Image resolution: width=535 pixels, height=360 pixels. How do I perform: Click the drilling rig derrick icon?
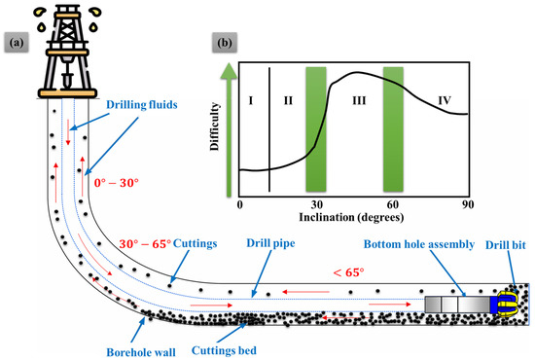[67, 54]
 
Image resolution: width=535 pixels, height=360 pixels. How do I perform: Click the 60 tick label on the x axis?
[393, 204]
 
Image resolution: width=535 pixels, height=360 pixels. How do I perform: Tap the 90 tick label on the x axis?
[470, 204]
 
